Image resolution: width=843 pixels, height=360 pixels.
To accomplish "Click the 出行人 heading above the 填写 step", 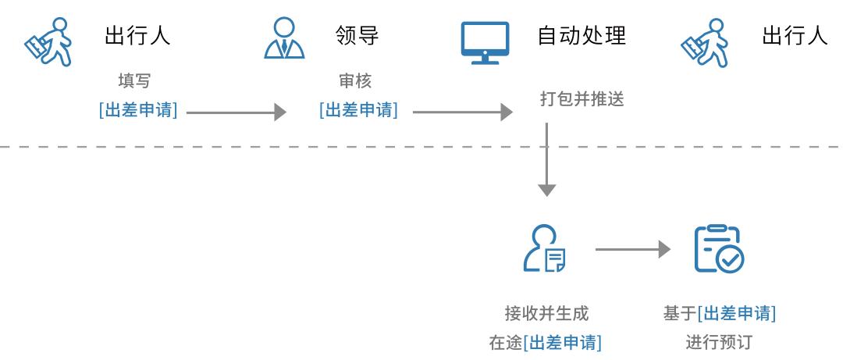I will [137, 36].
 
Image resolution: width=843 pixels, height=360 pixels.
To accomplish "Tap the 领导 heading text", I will [357, 36].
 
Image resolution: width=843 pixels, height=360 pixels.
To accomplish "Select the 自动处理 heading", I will [582, 36].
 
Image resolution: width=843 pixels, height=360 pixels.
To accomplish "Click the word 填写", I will [133, 80].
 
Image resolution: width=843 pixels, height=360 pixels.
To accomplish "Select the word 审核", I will [356, 80].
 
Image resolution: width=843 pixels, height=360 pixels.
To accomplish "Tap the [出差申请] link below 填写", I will [138, 110].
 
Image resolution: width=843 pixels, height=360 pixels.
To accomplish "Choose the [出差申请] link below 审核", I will [358, 110].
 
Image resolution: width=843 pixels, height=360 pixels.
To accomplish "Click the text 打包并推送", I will [582, 100].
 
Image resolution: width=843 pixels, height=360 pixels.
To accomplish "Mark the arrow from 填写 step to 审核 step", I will [237, 112].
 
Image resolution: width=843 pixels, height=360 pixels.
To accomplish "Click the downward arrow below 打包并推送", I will [547, 160].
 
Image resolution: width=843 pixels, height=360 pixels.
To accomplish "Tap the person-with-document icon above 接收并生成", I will [544, 248].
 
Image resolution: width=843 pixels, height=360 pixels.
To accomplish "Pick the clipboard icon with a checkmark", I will [719, 248].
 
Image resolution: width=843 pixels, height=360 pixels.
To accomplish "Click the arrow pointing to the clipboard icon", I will [632, 250].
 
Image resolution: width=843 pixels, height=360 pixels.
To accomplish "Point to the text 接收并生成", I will [546, 314].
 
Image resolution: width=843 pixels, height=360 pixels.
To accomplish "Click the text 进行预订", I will [719, 342].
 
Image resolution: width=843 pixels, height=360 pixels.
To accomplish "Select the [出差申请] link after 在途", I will [564, 342].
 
